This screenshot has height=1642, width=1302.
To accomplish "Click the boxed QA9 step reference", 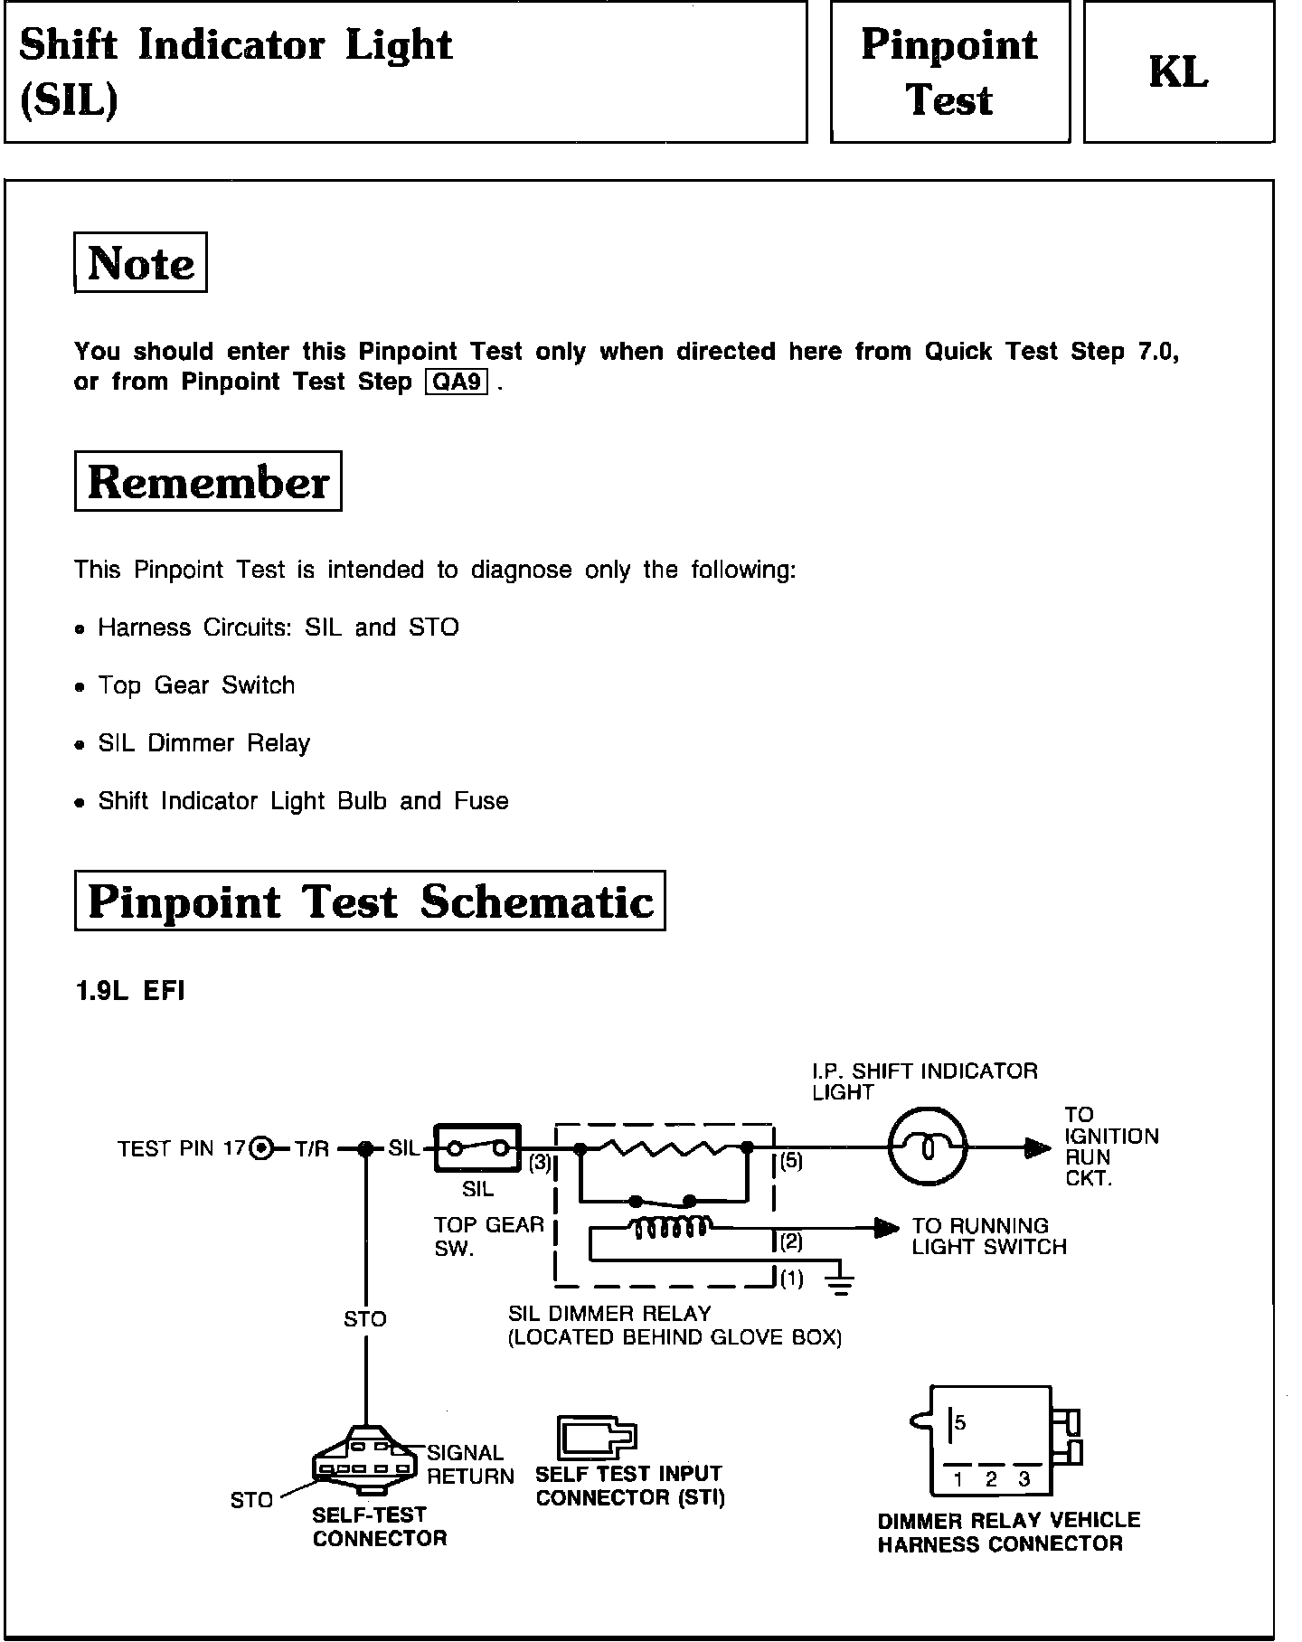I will click(457, 382).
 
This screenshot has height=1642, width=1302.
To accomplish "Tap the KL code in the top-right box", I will click(1178, 72).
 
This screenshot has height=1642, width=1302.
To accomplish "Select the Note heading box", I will click(140, 263).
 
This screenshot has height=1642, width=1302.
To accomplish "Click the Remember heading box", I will click(208, 481).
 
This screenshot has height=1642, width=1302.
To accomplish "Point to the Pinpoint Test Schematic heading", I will click(370, 901).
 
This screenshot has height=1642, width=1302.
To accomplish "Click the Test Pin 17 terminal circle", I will click(261, 1149).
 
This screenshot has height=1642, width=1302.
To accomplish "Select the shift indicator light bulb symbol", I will click(928, 1148).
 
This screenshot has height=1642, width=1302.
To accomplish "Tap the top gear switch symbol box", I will click(478, 1148).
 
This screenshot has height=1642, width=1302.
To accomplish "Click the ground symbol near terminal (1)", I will click(841, 1283).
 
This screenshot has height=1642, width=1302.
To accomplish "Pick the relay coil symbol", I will click(670, 1227).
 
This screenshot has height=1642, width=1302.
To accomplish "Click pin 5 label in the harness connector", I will click(960, 1423).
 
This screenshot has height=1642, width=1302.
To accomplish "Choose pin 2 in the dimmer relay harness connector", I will click(991, 1480).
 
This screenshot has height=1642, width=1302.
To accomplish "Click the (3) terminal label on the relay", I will click(540, 1163).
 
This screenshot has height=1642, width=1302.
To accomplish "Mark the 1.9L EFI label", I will click(129, 991).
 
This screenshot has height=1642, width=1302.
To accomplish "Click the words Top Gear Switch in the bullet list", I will click(196, 685).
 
